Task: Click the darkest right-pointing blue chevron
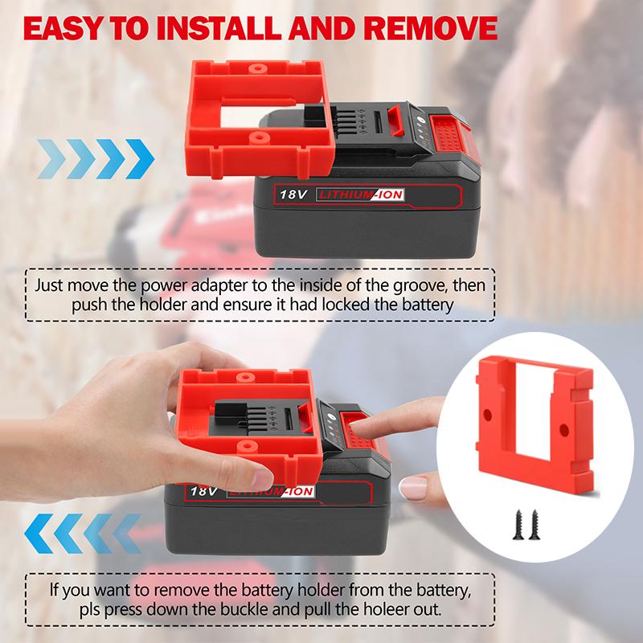[x=141, y=151]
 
